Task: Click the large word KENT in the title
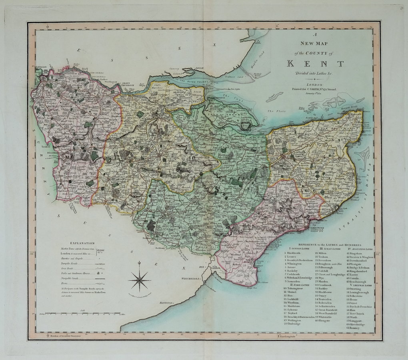click(316, 63)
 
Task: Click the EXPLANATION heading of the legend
click(82, 243)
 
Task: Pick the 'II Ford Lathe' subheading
click(297, 284)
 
